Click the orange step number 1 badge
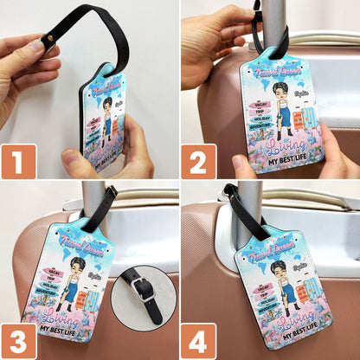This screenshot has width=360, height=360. click(18, 161)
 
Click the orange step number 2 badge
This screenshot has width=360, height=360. click(198, 161)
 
